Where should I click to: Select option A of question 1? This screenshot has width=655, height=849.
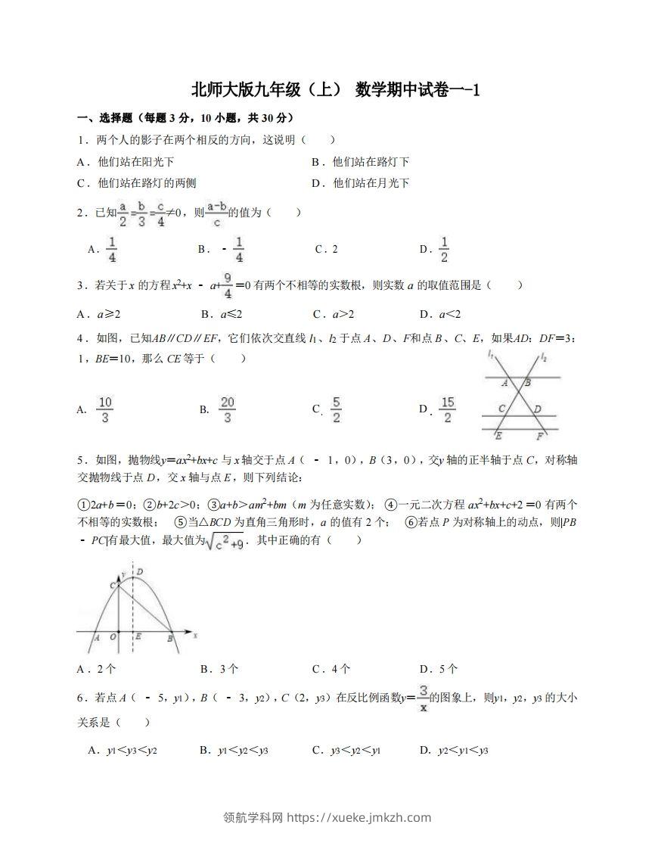[126, 162]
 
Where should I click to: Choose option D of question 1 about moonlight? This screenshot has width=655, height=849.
[360, 183]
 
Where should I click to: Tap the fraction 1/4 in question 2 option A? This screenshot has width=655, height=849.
[110, 249]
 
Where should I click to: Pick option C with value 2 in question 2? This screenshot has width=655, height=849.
[326, 250]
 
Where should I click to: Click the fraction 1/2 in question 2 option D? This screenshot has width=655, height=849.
[444, 249]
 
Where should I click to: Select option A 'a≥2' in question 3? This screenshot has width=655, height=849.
[99, 314]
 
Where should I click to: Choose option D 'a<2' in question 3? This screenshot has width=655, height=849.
[439, 314]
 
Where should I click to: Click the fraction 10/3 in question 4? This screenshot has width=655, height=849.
[105, 409]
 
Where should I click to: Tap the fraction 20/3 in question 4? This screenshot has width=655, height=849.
[228, 409]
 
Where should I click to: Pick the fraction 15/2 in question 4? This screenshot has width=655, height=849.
[447, 409]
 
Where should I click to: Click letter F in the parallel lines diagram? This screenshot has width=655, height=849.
[539, 437]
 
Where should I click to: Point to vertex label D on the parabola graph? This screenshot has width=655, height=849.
[141, 571]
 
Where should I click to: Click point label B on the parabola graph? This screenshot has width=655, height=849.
[169, 639]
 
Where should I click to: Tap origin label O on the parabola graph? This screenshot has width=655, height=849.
[113, 638]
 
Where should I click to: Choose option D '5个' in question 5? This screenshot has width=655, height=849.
[439, 669]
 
